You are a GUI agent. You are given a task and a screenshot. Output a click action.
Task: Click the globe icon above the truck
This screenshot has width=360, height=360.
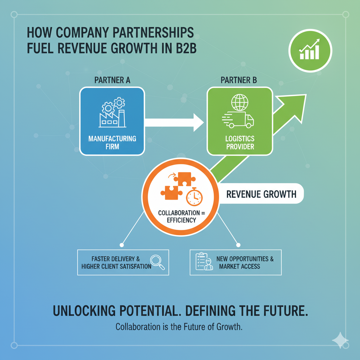[x=240, y=102]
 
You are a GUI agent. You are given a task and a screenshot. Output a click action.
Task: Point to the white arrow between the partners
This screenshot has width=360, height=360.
[x=174, y=123]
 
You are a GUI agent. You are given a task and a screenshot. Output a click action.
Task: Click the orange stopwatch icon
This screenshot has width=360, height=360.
[x=194, y=197]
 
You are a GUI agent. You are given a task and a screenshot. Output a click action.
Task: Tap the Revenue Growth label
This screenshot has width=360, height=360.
[x=261, y=194]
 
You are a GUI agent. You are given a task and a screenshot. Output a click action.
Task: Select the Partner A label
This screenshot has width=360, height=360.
[x=112, y=80]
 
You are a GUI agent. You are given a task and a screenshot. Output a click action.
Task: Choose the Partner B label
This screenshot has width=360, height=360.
[x=239, y=80]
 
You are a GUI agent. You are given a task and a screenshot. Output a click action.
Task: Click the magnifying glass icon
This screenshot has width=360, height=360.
[x=157, y=263]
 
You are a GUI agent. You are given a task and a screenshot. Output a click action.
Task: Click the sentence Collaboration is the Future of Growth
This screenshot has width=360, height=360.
[x=179, y=327]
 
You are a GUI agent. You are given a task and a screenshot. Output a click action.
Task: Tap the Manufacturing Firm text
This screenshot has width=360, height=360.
[x=112, y=142]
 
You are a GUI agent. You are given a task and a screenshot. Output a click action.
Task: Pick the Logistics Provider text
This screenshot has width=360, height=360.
[x=240, y=142]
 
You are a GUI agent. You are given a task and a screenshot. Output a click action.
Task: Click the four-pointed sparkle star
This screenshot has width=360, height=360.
[x=340, y=341]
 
